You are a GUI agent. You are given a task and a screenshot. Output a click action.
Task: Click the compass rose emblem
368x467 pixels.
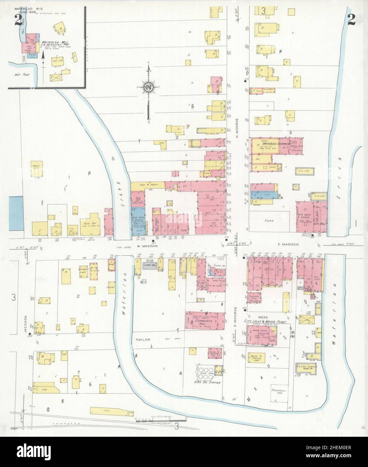click(148, 88)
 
